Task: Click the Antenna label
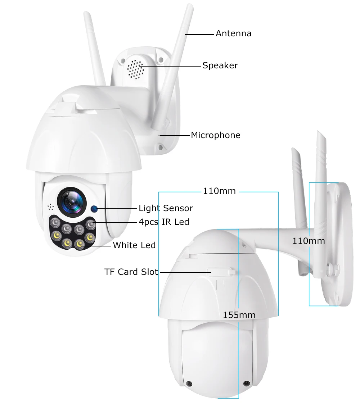pos(233,34)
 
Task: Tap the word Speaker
pos(220,65)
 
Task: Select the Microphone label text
pos(215,135)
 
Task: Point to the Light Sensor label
pos(166,208)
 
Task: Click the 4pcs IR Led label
pos(164,222)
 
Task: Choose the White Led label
pos(134,245)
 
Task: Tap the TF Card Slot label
pos(131,272)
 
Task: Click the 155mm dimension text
pos(239,315)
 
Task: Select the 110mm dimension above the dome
pos(219,191)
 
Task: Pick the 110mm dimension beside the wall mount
pos(309,241)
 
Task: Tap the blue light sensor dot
pos(94,208)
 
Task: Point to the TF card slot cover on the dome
pos(220,271)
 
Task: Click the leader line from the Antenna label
pos(199,35)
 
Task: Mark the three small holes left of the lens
pos(50,207)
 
